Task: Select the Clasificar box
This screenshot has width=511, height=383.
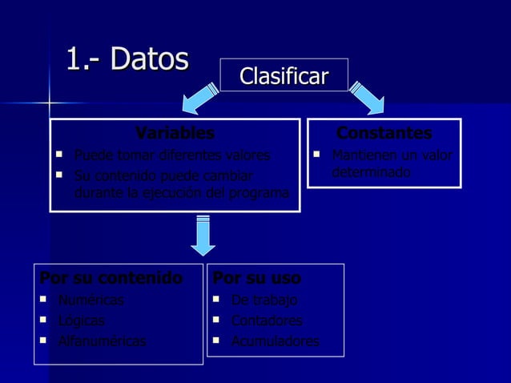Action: tap(284, 76)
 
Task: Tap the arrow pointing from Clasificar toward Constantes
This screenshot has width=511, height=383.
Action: tap(366, 99)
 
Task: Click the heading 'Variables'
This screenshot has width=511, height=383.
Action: tap(175, 133)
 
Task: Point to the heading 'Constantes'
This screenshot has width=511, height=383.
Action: tap(384, 133)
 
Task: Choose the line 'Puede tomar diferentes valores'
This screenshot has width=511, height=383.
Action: tap(171, 155)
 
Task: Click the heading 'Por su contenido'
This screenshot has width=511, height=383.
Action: tap(111, 278)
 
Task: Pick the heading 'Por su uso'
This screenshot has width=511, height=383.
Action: tap(256, 278)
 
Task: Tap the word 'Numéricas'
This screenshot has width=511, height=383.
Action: tap(91, 300)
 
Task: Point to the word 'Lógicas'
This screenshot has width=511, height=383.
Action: tap(81, 321)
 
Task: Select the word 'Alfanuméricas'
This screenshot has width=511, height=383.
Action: tap(102, 341)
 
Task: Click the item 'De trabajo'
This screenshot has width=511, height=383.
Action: tap(264, 300)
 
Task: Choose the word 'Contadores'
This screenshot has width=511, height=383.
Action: tap(267, 321)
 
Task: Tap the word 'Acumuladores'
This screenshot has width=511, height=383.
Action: tap(275, 341)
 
